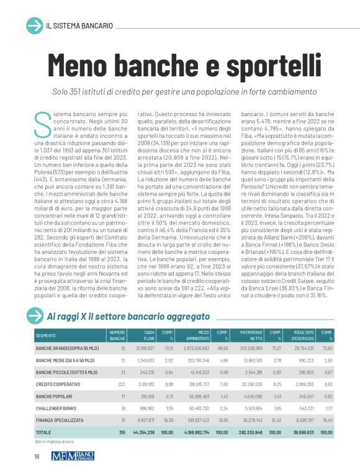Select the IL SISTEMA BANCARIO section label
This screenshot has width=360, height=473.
(x=79, y=26)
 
